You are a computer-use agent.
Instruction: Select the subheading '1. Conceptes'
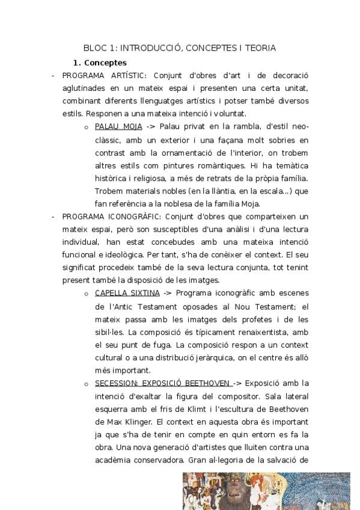(x=99, y=62)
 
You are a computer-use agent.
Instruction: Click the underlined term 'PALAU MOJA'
(x=118, y=127)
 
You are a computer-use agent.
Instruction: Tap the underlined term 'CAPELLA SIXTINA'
(x=127, y=293)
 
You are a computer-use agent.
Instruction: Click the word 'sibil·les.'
(x=111, y=332)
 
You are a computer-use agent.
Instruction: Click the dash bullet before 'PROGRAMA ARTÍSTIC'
(x=53, y=76)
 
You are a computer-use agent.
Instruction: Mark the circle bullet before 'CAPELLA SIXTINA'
(x=87, y=293)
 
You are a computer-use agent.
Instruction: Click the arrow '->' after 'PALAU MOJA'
(x=151, y=127)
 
